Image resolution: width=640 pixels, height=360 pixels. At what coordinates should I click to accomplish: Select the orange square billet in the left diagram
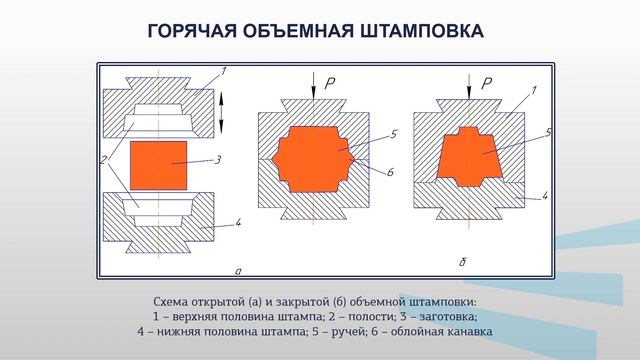coord(158,161)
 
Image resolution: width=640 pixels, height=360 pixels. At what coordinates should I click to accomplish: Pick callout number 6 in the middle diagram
coord(390,172)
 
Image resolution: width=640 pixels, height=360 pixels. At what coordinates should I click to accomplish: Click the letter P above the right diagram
coord(487,84)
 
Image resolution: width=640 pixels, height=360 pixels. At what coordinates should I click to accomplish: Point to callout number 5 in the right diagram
coord(550,131)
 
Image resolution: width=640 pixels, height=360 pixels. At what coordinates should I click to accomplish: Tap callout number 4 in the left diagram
coord(238,222)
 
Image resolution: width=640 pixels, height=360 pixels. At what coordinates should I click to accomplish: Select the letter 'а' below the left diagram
coord(236,270)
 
